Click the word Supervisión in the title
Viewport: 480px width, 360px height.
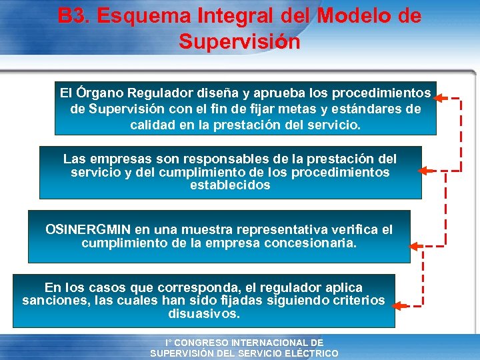coord(239,42)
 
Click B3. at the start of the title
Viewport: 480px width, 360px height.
coord(73,15)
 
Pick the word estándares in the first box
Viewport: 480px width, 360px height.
coord(369,109)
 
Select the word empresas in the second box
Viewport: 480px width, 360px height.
coord(117,159)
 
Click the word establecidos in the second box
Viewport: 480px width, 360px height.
coord(230,185)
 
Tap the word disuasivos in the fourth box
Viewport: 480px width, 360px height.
coord(204,313)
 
